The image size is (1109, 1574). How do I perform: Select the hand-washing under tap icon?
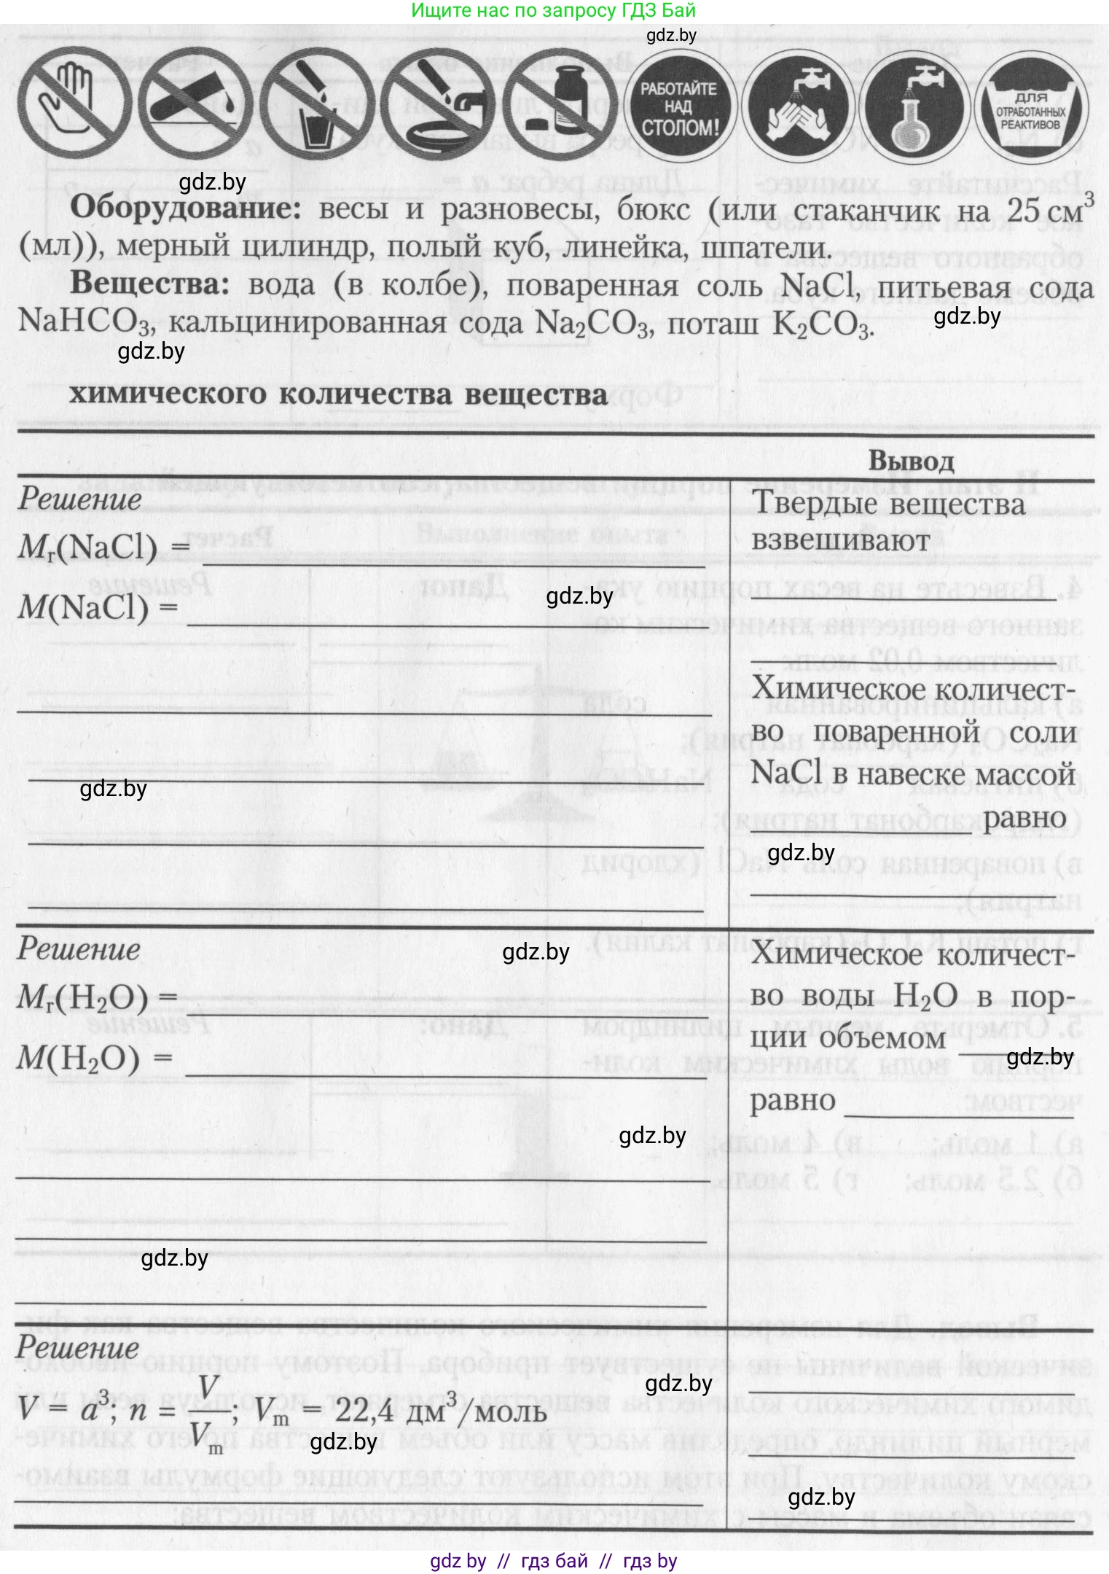800,108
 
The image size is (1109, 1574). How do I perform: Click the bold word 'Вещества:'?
149,284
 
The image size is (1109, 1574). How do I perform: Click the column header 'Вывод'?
911,461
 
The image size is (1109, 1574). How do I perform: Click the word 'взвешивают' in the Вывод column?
840,541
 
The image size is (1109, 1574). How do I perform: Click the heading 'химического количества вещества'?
338,394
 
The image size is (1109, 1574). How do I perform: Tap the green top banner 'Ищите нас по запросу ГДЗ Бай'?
554,10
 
